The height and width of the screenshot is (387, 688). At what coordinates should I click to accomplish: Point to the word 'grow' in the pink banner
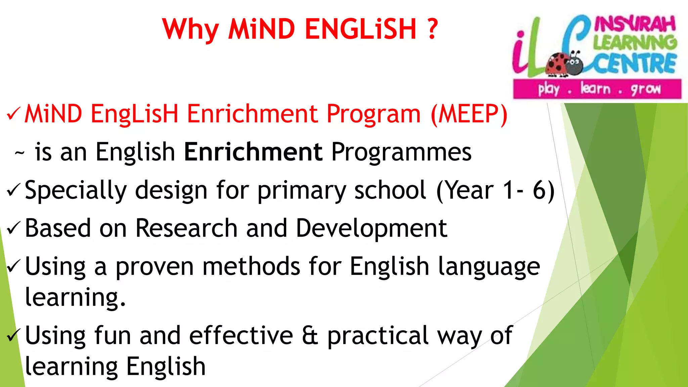[645, 89]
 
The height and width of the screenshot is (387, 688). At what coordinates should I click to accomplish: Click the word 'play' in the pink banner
[549, 89]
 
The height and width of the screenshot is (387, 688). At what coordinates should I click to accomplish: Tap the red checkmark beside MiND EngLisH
[14, 114]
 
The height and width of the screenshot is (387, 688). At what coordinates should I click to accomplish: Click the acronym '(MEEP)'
[469, 114]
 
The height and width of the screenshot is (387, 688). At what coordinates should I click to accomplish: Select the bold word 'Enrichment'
[253, 152]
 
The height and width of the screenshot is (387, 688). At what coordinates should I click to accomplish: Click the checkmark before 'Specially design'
[14, 190]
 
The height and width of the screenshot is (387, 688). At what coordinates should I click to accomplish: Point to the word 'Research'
[186, 228]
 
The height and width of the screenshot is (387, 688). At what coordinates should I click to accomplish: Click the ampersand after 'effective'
[310, 336]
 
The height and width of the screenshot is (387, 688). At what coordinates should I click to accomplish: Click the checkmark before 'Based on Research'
[14, 228]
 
